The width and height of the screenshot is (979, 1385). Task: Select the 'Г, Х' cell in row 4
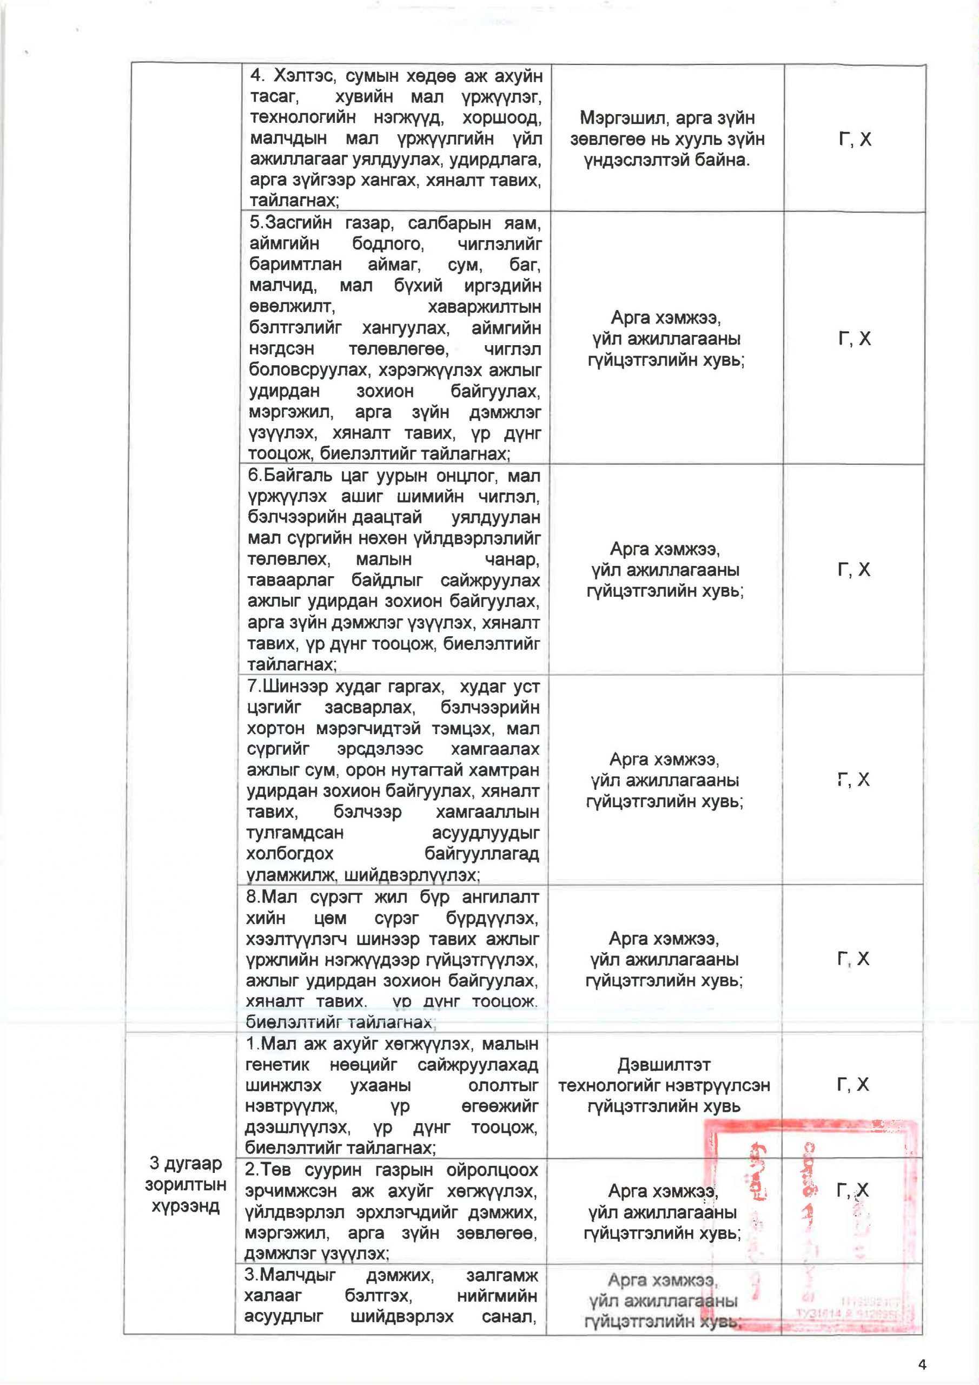click(x=855, y=140)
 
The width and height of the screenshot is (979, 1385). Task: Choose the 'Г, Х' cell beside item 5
click(x=855, y=339)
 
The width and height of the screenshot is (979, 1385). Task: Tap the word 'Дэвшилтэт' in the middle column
click(x=664, y=1064)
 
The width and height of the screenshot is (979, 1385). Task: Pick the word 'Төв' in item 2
click(x=268, y=1170)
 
